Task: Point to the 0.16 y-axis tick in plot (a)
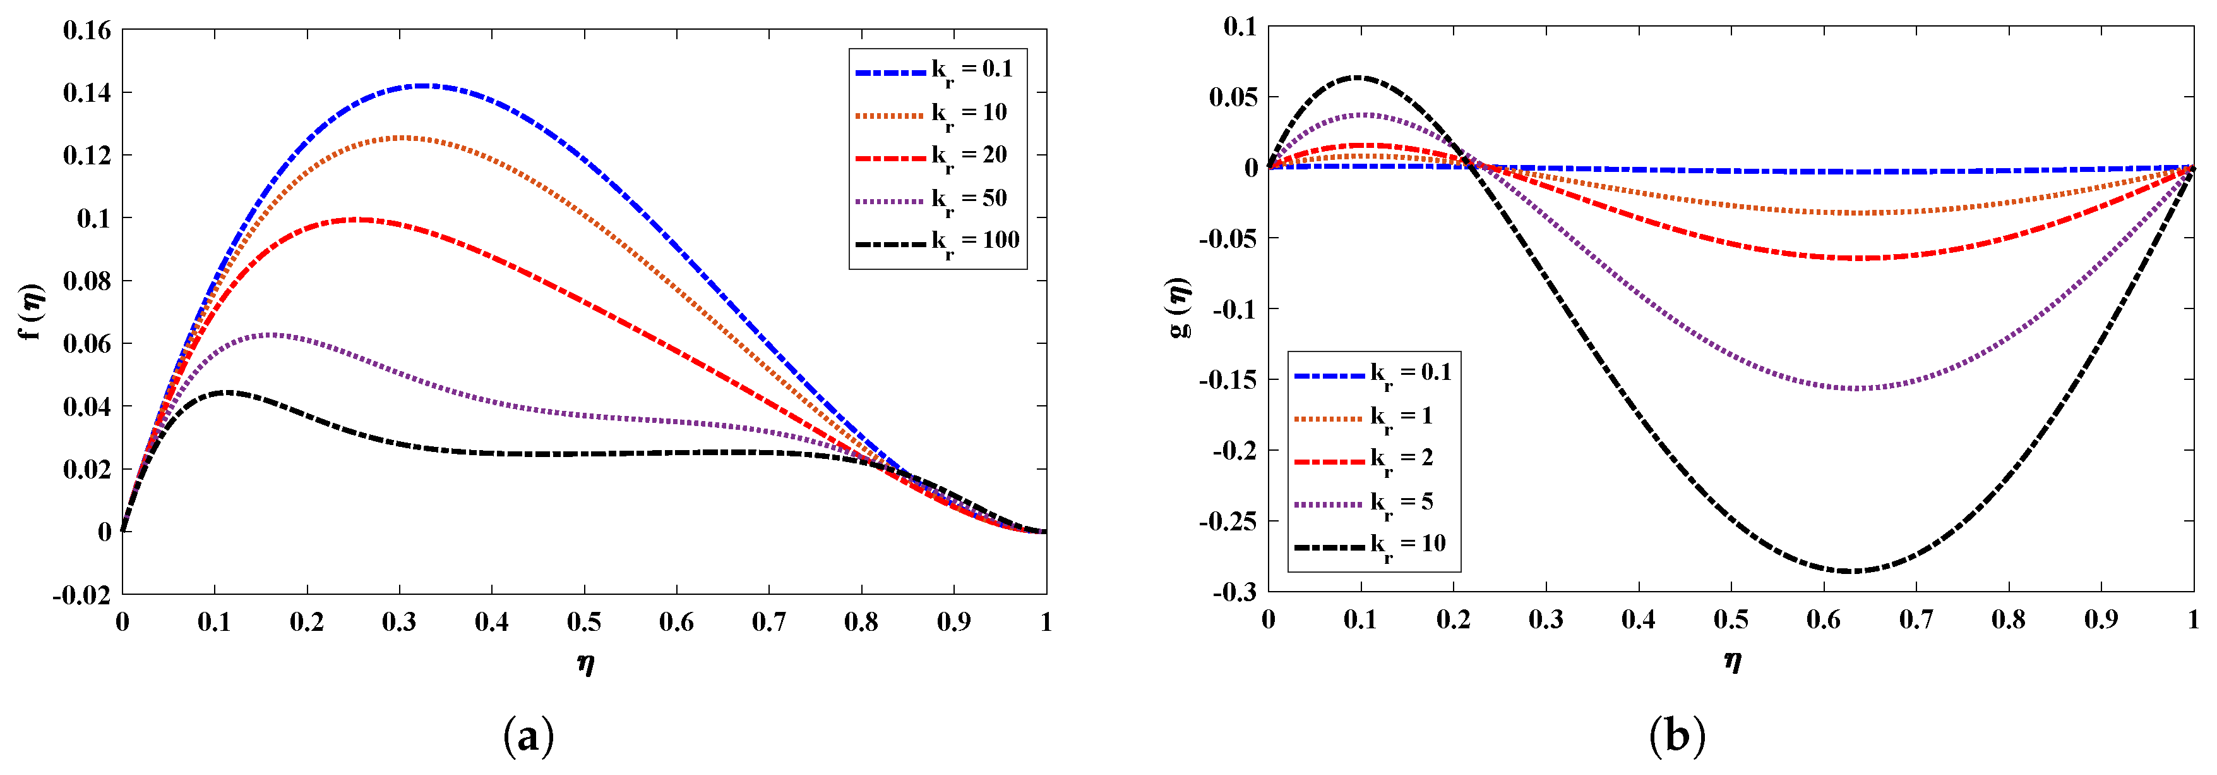tap(87, 31)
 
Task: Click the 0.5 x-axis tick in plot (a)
tap(583, 622)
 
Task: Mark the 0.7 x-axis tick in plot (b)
tap(1916, 619)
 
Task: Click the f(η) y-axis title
tap(33, 312)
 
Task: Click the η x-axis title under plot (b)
tap(1731, 661)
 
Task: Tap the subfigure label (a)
tap(527, 737)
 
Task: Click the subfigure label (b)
tap(1676, 737)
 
